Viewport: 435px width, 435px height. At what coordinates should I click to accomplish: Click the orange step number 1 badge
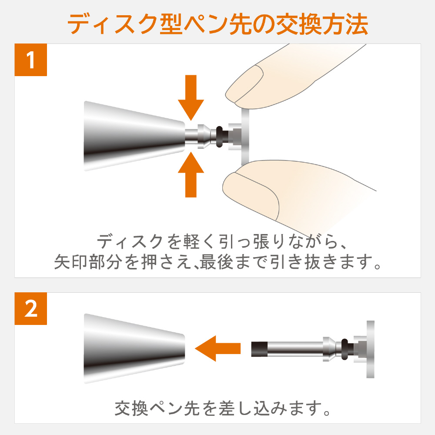click(30, 60)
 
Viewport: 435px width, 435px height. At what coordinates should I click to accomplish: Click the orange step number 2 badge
click(30, 308)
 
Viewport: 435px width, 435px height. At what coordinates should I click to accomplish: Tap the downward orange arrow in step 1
click(191, 97)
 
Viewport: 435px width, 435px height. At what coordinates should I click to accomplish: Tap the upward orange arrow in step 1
click(191, 174)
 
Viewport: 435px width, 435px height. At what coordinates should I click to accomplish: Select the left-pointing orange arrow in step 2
click(218, 348)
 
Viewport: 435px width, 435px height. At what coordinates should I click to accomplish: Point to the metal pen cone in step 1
click(134, 136)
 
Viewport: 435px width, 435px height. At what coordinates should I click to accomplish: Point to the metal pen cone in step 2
click(134, 348)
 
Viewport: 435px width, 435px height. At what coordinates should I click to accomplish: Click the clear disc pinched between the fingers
click(245, 136)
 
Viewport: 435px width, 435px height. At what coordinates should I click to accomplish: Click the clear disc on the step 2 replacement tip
click(370, 349)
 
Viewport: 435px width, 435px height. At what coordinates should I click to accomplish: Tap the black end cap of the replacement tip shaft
click(257, 349)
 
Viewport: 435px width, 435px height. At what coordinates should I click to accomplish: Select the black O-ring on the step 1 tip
click(219, 137)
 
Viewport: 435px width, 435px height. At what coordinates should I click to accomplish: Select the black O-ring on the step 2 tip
click(345, 349)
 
